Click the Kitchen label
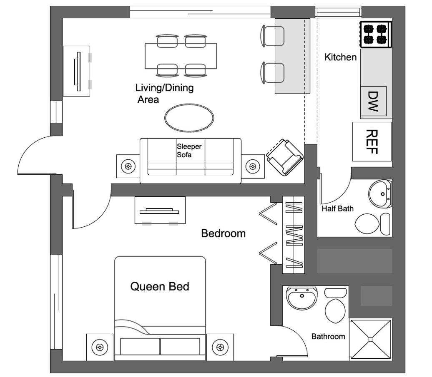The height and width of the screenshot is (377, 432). (340, 57)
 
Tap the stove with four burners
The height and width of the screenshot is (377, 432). (375, 34)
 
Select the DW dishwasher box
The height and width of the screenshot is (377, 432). (373, 101)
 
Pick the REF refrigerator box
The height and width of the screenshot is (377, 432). (372, 141)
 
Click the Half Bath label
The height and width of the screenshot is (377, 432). (337, 208)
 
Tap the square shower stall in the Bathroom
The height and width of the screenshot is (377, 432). (370, 339)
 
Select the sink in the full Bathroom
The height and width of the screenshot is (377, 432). (302, 298)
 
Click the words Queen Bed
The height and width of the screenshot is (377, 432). (160, 286)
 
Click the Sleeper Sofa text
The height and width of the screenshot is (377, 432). (189, 151)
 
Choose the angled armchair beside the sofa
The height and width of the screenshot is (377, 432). (284, 157)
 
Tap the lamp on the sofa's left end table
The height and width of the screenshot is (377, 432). (128, 166)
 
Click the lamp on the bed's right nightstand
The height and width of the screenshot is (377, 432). (220, 347)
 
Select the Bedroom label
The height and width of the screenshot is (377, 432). (223, 233)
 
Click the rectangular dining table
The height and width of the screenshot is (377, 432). (181, 56)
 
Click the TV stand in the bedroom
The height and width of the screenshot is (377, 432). (160, 210)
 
